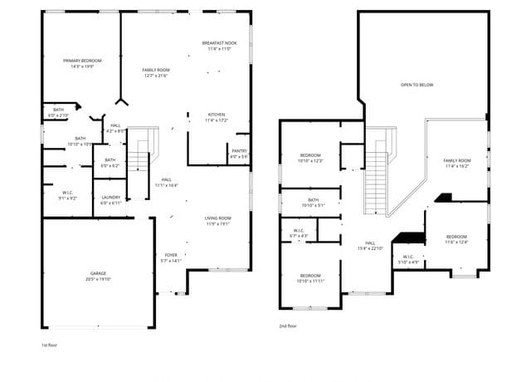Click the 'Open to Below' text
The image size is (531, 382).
click(417, 85)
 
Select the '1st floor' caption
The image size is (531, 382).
click(50, 344)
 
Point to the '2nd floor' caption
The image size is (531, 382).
click(288, 326)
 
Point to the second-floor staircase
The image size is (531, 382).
click(377, 171)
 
